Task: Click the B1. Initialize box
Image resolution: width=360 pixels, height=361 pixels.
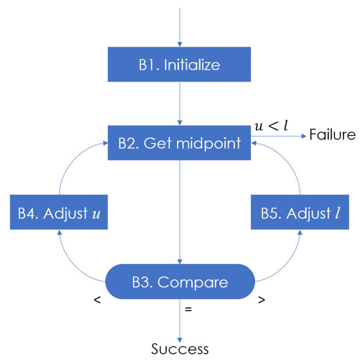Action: click(179, 64)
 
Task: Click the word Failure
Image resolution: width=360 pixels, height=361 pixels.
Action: click(332, 135)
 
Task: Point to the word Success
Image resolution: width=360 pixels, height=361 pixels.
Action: click(180, 348)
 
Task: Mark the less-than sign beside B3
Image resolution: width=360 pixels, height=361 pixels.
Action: click(96, 301)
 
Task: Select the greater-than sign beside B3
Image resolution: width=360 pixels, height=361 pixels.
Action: click(262, 301)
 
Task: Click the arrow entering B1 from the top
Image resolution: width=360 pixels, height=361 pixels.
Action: click(179, 26)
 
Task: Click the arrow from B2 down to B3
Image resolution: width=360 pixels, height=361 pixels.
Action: click(179, 210)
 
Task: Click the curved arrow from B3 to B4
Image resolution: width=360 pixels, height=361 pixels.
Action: click(72, 263)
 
